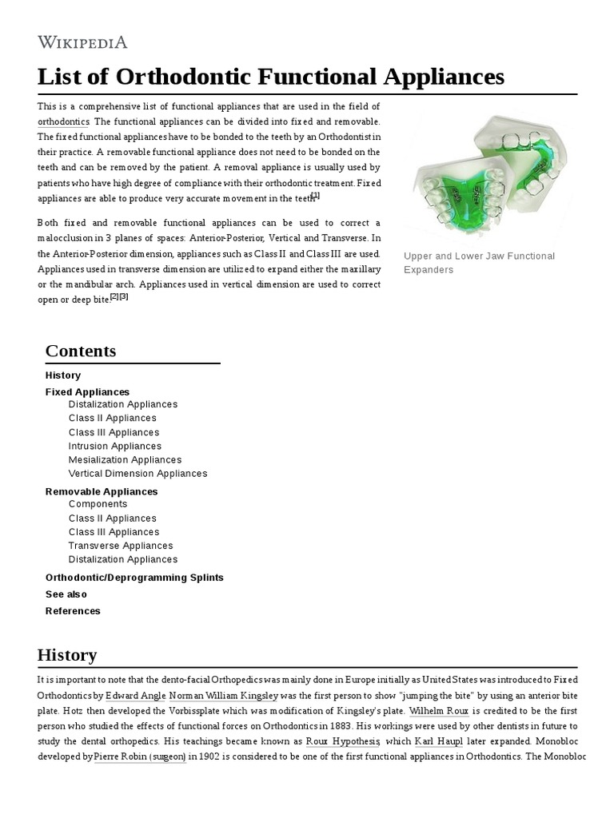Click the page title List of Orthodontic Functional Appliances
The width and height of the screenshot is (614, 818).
[271, 77]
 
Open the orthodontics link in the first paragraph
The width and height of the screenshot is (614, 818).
[63, 121]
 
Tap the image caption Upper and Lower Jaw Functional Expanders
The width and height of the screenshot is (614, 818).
[479, 263]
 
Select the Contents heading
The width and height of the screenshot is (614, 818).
[81, 351]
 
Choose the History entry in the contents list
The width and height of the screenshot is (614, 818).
[63, 375]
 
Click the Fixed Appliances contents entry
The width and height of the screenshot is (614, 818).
[87, 392]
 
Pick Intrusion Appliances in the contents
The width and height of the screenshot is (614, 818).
[114, 446]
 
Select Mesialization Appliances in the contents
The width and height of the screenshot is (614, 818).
[125, 459]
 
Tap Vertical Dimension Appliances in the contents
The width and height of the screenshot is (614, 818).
[138, 473]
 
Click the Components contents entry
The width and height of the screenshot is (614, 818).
[98, 504]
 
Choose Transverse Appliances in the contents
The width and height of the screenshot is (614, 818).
[120, 546]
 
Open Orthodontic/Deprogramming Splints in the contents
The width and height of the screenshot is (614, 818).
[134, 578]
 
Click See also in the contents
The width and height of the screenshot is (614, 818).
[66, 594]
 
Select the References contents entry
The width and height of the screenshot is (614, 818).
[73, 611]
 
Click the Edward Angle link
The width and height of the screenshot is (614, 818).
[134, 695]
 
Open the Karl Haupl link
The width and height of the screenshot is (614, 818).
[438, 741]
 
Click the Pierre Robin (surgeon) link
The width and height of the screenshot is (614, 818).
[140, 756]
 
